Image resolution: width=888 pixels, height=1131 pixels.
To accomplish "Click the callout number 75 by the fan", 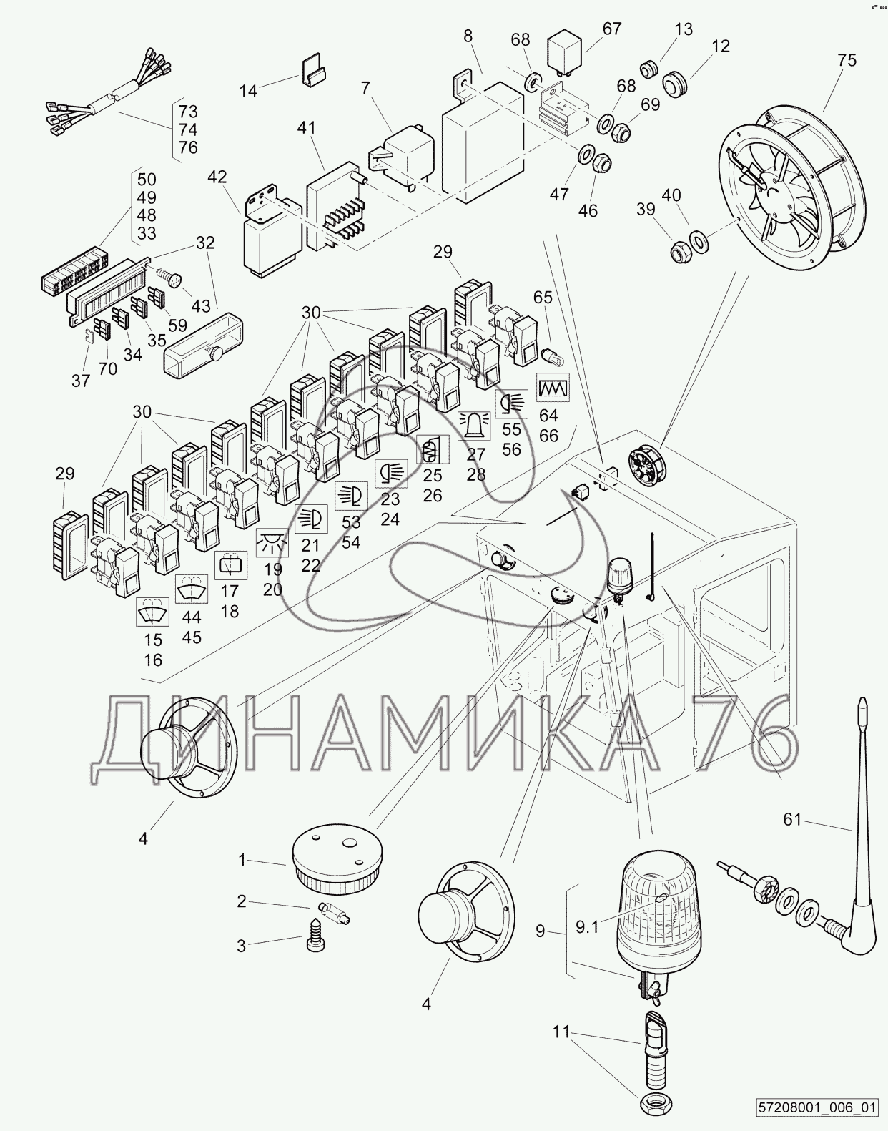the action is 846,61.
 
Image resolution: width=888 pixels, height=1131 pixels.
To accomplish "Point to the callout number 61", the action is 791,819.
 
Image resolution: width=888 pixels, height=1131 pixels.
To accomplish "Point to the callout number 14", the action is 248,91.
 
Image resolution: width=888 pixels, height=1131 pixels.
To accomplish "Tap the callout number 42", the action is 217,177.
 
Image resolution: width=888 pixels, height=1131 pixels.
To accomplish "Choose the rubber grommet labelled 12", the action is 674,84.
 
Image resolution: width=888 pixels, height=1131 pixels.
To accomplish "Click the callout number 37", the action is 81,381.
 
